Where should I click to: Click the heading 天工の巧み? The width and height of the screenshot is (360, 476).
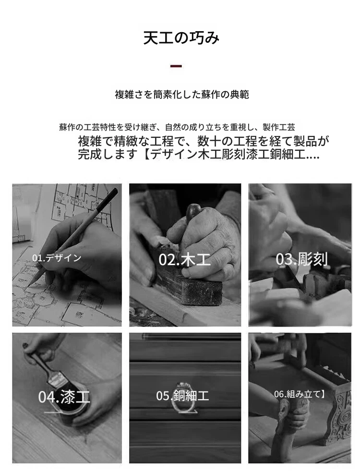[x=181, y=37]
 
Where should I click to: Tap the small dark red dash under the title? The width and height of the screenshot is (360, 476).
[x=176, y=66]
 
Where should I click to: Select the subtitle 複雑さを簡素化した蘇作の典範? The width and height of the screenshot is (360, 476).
[x=181, y=95]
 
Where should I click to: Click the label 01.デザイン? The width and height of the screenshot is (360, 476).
[x=57, y=258]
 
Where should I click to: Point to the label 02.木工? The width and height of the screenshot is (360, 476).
[x=184, y=260]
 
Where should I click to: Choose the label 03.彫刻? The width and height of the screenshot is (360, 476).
[x=302, y=259]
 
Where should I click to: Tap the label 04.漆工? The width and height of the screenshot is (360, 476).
[x=64, y=396]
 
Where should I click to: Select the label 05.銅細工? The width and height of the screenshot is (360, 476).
[x=182, y=396]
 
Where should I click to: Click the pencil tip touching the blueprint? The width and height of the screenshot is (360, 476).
[x=28, y=286]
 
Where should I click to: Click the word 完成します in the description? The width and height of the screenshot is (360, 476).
[x=108, y=154]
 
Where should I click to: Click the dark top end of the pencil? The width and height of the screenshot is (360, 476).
[x=114, y=192]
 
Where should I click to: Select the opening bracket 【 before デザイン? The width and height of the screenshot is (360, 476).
[x=145, y=154]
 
